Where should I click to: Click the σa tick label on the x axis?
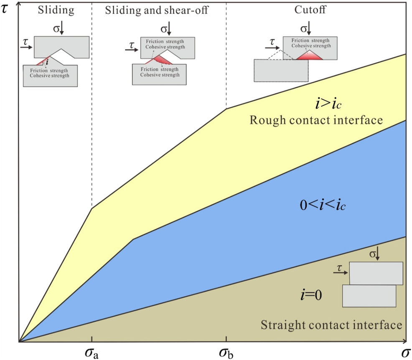pos(91,353)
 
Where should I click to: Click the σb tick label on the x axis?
pos(226,353)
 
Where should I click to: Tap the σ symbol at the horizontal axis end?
pos(404,353)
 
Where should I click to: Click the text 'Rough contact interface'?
pos(316,120)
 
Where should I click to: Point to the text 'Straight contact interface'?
pos(331,325)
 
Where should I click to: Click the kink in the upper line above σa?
pos(92,208)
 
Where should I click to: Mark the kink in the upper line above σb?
pos(226,109)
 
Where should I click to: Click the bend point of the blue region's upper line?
pos(133,239)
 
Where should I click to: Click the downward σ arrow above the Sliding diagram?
pos(61,28)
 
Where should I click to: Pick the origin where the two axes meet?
pos(19,342)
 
